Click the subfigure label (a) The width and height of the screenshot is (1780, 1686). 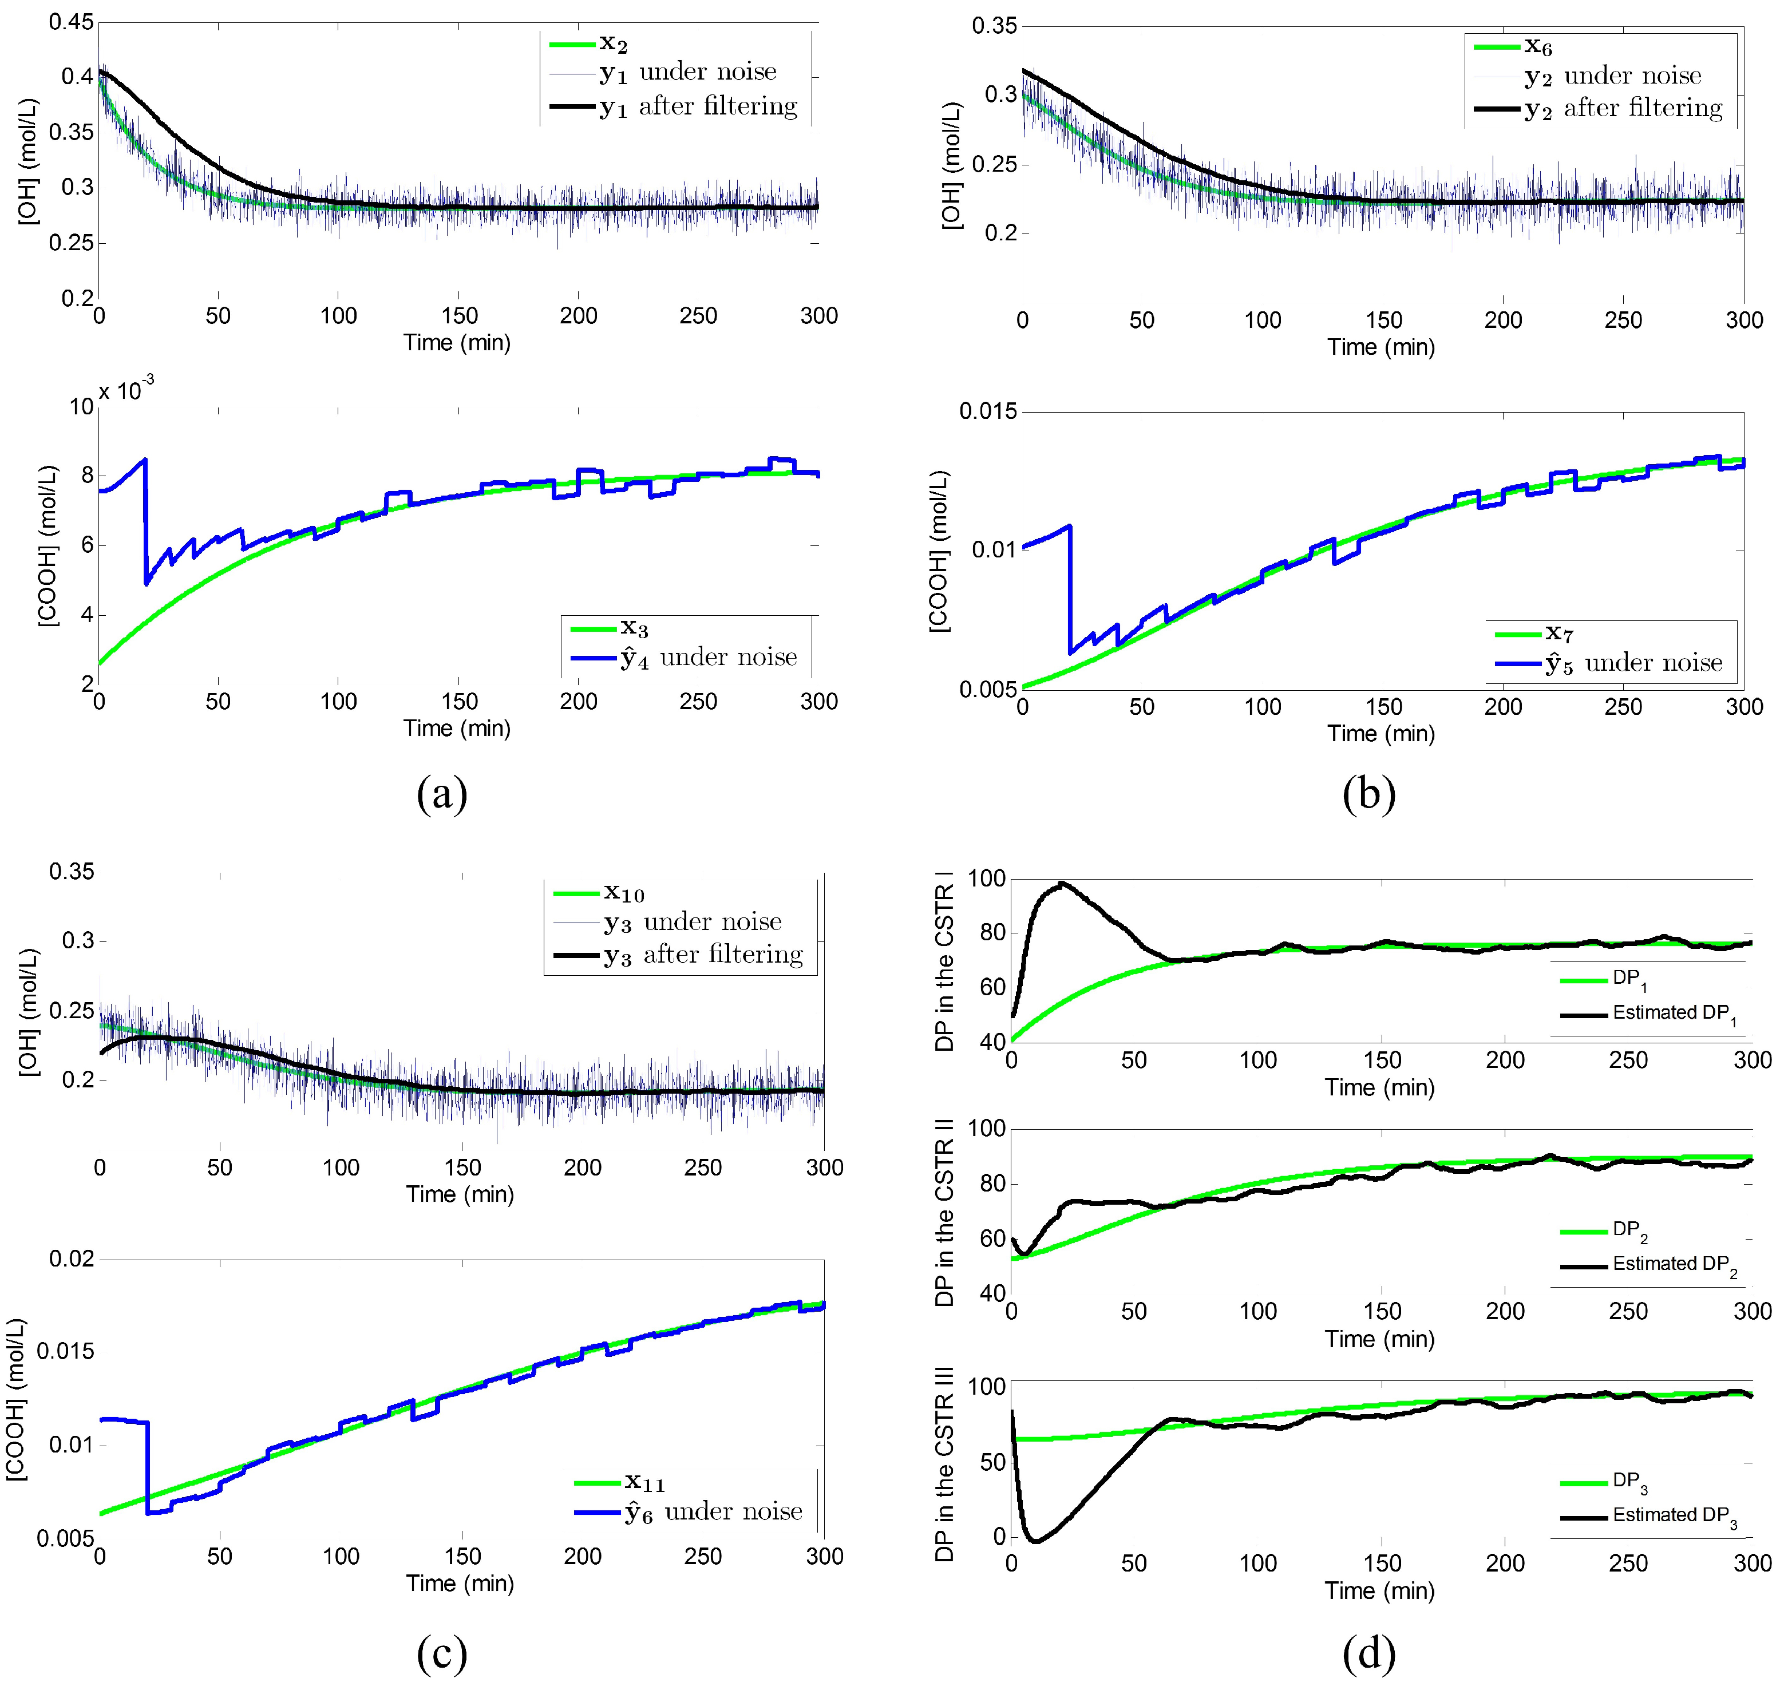click(441, 794)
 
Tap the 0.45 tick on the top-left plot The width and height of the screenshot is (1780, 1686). click(71, 22)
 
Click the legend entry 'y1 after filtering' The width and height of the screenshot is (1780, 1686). click(698, 107)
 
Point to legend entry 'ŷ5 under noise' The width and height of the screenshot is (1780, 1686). click(1632, 664)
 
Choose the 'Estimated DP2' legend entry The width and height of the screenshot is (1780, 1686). click(1674, 1265)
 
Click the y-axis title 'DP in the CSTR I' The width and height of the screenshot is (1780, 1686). click(944, 961)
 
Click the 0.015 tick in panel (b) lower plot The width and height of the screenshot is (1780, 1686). click(988, 411)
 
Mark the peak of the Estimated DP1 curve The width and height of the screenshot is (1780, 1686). click(1063, 884)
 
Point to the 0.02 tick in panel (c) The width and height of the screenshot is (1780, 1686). click(71, 1259)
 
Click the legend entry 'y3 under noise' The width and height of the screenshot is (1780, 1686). click(691, 922)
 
